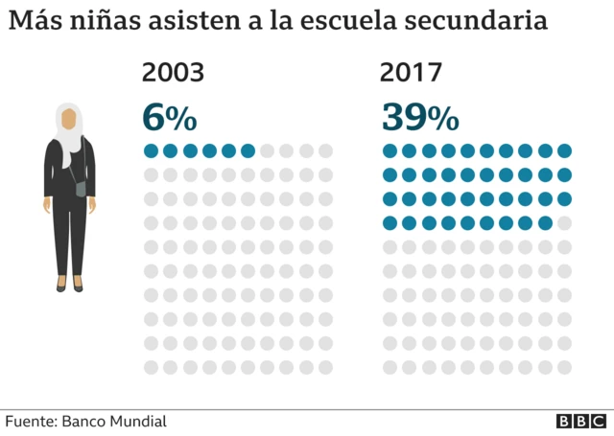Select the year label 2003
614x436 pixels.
point(173,73)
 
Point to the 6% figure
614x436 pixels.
point(169,117)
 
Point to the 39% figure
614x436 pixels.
point(419,117)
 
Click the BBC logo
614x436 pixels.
point(580,422)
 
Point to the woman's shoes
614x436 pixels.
point(69,286)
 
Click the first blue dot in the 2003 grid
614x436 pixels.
point(151,150)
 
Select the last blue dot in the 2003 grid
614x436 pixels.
point(248,150)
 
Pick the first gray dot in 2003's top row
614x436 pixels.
point(268,150)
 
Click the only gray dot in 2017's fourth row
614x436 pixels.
point(564,223)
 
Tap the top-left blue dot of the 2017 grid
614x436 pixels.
point(390,150)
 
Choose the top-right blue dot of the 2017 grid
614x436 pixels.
point(564,150)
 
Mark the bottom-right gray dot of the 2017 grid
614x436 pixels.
point(564,367)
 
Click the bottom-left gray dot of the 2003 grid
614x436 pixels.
point(151,367)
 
